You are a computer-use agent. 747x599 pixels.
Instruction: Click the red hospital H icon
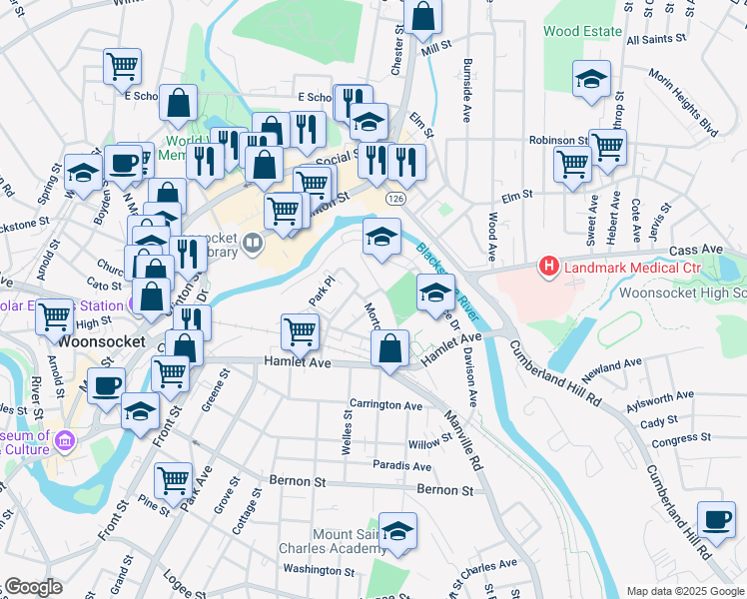(548, 267)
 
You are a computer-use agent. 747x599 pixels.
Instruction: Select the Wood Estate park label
(583, 31)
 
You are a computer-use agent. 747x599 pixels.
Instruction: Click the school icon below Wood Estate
(591, 78)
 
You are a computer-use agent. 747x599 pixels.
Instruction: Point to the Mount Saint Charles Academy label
(349, 542)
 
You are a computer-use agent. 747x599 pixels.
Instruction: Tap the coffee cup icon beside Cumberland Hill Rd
(715, 518)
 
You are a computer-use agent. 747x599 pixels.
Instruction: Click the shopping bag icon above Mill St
(422, 16)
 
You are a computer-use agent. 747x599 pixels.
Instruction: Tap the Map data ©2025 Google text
(684, 591)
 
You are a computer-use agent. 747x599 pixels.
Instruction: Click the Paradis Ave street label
(401, 466)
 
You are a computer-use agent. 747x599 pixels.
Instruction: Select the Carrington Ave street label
(385, 405)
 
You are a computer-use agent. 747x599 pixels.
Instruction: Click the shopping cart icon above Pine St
(174, 479)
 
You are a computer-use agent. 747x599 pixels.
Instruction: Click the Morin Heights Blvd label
(682, 102)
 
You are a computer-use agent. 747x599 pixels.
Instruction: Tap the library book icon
(253, 242)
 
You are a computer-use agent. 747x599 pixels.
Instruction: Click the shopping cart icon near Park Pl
(300, 330)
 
